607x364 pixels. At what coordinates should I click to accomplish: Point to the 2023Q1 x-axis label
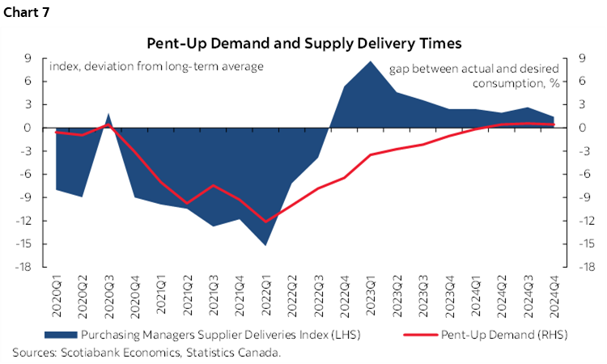tap(370, 296)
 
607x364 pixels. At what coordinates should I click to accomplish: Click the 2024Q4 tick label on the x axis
tap(554, 296)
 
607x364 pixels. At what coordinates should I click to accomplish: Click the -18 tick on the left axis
tap(32, 267)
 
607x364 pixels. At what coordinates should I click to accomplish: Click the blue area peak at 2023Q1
tap(370, 62)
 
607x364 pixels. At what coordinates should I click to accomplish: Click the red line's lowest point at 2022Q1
tap(265, 221)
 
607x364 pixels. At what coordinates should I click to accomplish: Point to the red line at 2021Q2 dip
tap(187, 204)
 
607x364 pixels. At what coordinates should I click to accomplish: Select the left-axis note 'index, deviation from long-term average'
tap(156, 66)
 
